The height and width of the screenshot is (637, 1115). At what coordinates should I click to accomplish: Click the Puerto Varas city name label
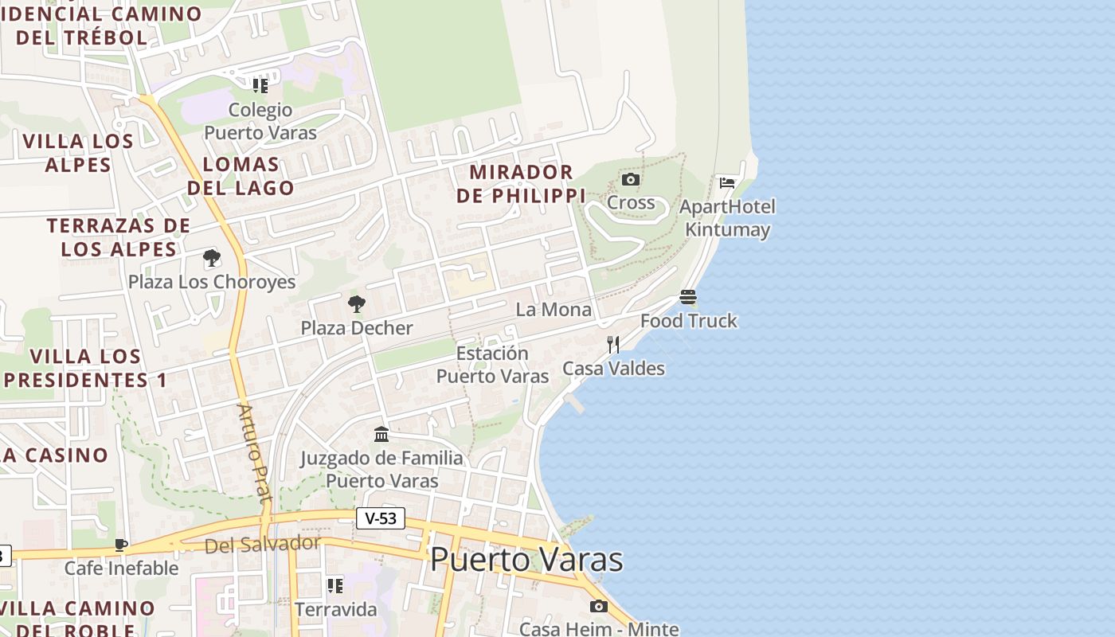tap(526, 559)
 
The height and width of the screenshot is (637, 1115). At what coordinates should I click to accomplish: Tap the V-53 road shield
tap(380, 518)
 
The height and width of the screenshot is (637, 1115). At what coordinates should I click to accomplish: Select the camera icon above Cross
tap(631, 179)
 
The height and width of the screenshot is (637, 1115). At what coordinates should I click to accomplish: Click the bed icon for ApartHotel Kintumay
tap(727, 182)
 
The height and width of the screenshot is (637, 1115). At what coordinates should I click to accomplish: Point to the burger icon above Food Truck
tap(688, 297)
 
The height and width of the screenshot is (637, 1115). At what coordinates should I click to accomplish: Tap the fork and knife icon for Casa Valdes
tap(613, 344)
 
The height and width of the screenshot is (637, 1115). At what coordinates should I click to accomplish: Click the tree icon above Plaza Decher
tap(357, 303)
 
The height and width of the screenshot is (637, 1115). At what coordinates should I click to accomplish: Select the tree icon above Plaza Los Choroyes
tap(212, 258)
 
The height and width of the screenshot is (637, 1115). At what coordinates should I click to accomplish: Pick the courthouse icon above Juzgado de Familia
tap(381, 434)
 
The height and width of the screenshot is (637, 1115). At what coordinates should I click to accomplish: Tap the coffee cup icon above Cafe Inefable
tap(121, 545)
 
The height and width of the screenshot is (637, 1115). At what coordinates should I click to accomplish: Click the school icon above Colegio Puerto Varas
tap(260, 85)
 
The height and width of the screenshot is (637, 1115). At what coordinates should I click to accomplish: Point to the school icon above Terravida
tap(335, 586)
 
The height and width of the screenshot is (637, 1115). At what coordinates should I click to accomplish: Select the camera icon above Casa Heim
tap(599, 606)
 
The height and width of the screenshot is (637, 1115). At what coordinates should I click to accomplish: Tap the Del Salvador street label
tap(262, 545)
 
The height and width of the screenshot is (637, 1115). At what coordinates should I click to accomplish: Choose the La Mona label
tap(554, 309)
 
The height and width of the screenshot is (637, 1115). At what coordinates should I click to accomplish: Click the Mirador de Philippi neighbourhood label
tap(521, 184)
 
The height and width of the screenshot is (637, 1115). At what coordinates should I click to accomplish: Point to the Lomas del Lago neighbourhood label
tap(241, 176)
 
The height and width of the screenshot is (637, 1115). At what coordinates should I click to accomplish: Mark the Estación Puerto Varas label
tap(492, 364)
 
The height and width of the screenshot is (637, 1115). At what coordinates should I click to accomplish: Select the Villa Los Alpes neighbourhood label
tap(78, 153)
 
